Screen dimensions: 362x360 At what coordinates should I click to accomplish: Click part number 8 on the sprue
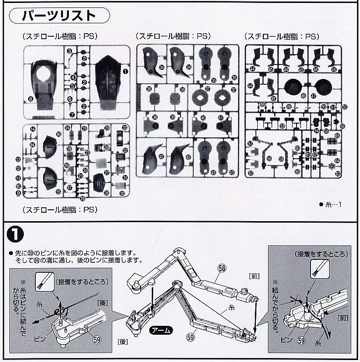[31, 99]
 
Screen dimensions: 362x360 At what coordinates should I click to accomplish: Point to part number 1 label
[125, 71]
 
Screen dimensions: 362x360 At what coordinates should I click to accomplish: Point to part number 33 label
[124, 128]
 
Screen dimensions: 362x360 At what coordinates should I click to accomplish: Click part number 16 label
[59, 134]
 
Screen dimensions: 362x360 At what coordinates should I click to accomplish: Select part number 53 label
[282, 126]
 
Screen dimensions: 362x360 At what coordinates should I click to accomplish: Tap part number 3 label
[70, 52]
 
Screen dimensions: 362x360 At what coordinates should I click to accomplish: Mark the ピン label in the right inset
[284, 340]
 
